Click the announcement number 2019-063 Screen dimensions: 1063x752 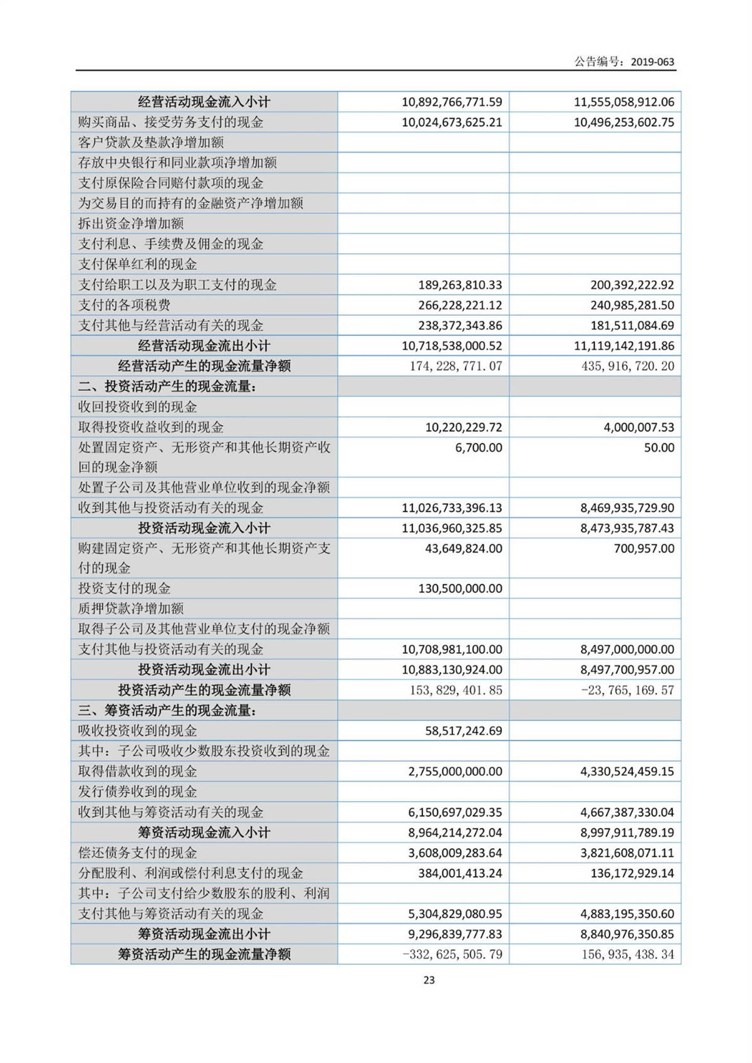click(652, 61)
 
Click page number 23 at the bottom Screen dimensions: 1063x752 click(429, 980)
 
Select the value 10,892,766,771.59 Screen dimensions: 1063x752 click(452, 102)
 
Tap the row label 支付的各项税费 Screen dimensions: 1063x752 click(124, 305)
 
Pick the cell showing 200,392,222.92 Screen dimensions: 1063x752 click(632, 285)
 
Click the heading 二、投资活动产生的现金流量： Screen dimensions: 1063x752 click(167, 386)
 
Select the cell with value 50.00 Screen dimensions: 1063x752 click(659, 448)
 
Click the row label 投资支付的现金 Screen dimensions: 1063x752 click(124, 588)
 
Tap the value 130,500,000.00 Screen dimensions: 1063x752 click(460, 589)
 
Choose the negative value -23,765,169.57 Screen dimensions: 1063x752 click(627, 690)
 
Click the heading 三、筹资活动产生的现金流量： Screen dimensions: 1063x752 click(167, 710)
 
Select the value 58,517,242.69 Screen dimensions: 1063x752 click(463, 731)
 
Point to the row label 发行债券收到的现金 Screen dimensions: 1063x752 click(137, 792)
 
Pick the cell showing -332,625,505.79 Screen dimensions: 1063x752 click(452, 955)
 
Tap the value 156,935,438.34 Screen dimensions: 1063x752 click(627, 955)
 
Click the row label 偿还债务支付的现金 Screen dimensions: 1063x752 click(137, 853)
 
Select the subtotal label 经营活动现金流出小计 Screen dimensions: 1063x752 click(204, 346)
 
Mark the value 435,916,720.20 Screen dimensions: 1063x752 click(627, 366)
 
